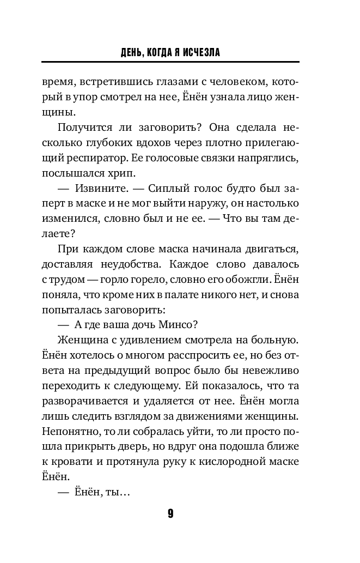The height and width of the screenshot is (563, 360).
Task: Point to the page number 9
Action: click(x=170, y=513)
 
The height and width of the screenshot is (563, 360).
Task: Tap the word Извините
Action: click(x=98, y=190)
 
